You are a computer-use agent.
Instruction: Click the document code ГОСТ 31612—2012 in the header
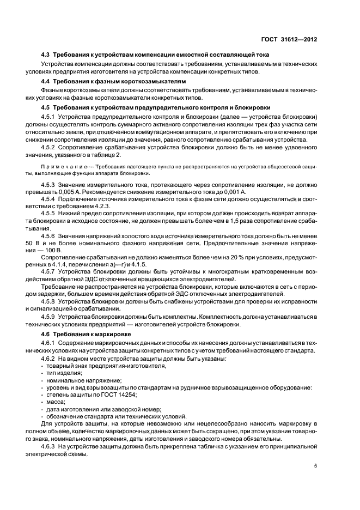click(x=290, y=40)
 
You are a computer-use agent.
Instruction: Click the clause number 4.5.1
click(x=49, y=117)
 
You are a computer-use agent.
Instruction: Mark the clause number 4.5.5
click(x=49, y=216)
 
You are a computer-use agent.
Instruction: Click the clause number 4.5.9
click(x=49, y=317)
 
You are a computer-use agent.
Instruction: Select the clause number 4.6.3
click(x=49, y=447)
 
